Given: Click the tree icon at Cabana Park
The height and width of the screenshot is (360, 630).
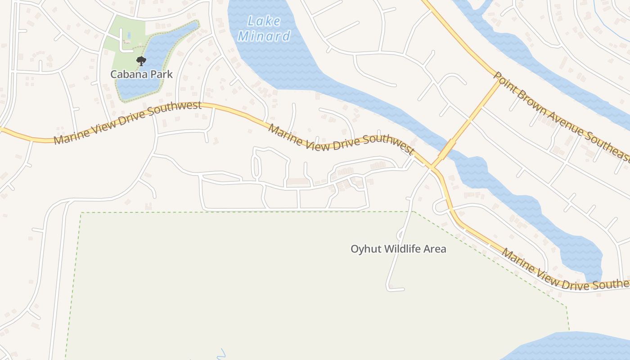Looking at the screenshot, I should tap(141, 61).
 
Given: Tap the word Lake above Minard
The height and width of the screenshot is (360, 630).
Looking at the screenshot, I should tap(264, 21).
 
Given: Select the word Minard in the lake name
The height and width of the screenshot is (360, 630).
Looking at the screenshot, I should tap(264, 36).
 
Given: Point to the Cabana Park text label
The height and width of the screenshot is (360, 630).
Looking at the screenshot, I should tap(142, 74).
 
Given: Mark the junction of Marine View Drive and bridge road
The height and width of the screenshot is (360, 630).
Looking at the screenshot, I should tap(432, 168).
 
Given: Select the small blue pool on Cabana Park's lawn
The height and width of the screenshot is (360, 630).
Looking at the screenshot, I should tap(129, 35).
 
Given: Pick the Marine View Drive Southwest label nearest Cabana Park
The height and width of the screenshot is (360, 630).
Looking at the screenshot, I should tap(127, 123).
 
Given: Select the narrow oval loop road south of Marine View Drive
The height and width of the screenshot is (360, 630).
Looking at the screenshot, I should tap(256, 166).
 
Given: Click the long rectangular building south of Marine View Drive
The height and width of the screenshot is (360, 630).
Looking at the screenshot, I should tap(298, 181).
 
